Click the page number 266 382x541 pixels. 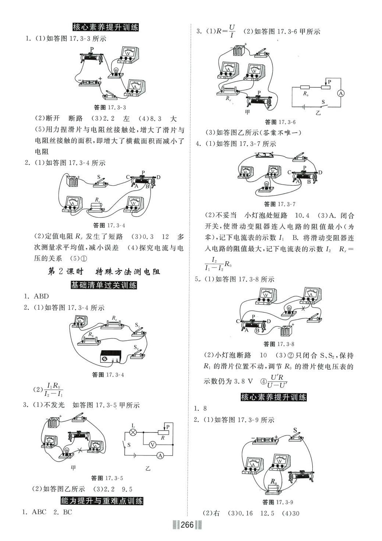coord(187,525)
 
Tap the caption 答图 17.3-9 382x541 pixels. coord(277,502)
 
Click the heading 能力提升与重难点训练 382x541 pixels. coord(102,501)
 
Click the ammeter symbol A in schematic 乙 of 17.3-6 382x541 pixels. coord(341,94)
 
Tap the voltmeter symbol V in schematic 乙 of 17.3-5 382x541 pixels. coord(152,445)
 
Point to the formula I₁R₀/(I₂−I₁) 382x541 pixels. coord(53,390)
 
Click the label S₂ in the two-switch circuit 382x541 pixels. coord(136,347)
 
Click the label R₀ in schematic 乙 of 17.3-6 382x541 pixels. coord(306,94)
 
